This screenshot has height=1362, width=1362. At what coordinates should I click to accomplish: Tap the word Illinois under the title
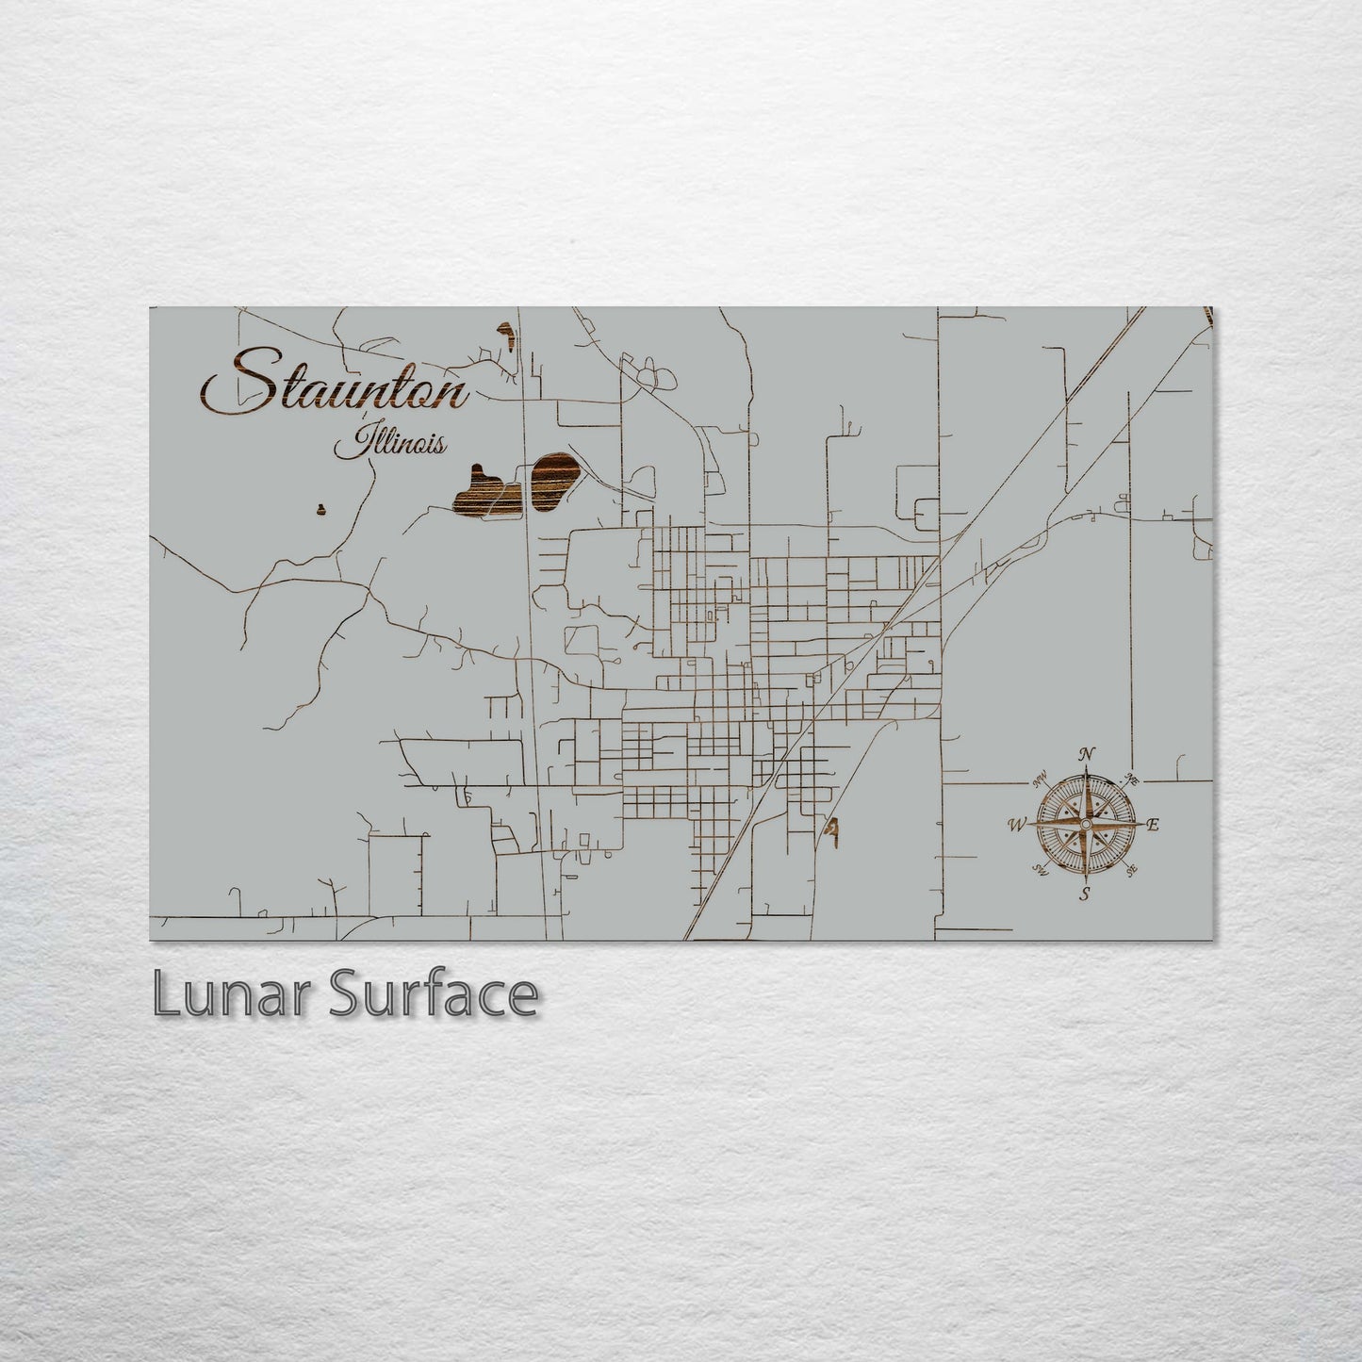387,443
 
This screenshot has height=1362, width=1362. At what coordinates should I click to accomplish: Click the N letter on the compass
1087,753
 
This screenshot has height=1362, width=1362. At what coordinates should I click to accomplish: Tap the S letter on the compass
1086,894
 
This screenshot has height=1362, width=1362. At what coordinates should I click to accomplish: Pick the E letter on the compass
1153,825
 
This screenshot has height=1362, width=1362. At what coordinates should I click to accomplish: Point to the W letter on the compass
1017,826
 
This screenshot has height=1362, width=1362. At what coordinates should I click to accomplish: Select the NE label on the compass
1131,779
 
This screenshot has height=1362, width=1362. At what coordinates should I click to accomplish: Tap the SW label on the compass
1041,869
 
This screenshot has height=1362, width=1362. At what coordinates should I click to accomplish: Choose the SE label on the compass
1131,870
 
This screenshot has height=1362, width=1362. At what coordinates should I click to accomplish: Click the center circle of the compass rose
1086,825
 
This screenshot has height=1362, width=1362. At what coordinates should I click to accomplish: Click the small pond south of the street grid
832,829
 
